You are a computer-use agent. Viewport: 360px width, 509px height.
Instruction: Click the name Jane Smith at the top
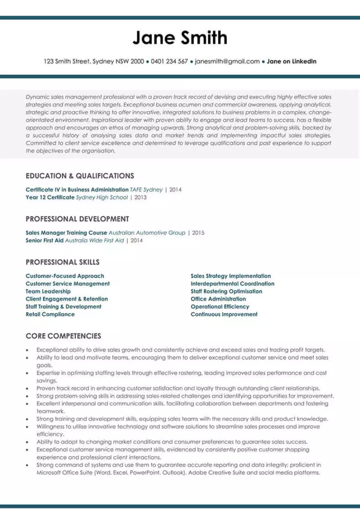180,38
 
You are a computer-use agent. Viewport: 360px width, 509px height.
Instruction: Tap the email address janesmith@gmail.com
227,62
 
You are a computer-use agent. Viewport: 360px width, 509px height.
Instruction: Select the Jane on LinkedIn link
291,62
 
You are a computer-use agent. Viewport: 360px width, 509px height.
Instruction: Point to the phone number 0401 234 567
169,62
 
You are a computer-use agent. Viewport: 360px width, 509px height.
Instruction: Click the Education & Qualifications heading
80,176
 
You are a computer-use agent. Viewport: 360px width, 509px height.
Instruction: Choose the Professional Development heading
77,219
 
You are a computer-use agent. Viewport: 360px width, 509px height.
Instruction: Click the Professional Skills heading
63,262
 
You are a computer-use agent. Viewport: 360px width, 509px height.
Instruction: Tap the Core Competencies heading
63,336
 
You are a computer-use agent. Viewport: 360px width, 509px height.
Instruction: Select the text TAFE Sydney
146,189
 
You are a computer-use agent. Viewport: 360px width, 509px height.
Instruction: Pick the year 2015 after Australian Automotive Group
198,233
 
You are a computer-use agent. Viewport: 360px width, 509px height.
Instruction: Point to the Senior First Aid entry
44,241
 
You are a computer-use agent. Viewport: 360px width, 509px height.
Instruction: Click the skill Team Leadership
48,291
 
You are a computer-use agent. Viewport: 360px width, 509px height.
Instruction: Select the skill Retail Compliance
50,314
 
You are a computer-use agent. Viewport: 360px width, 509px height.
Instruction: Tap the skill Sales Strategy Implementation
231,276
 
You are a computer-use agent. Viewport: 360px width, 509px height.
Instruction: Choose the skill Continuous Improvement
224,314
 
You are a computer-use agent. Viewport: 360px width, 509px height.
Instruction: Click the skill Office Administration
218,299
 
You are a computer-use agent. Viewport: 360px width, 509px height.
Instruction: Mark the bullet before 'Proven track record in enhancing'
28,389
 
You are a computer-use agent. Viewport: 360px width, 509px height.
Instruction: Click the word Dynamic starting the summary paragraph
38,97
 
